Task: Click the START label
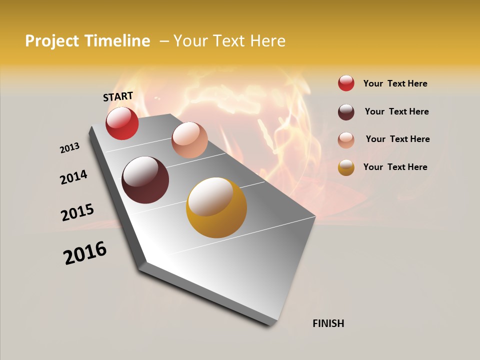(x=118, y=96)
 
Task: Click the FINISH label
(x=328, y=323)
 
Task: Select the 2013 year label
(x=69, y=147)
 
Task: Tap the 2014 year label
(x=73, y=177)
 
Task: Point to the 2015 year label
(x=77, y=212)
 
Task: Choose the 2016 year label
(x=85, y=253)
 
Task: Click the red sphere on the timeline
(x=122, y=123)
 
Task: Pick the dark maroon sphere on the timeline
(x=145, y=180)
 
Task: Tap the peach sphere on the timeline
(x=189, y=140)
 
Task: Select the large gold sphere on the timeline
(x=216, y=207)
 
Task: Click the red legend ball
(x=346, y=83)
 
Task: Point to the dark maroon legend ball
(x=346, y=111)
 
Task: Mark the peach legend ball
(x=346, y=139)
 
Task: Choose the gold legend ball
(x=346, y=167)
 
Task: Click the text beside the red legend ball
(x=395, y=83)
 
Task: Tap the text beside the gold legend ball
(x=395, y=167)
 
